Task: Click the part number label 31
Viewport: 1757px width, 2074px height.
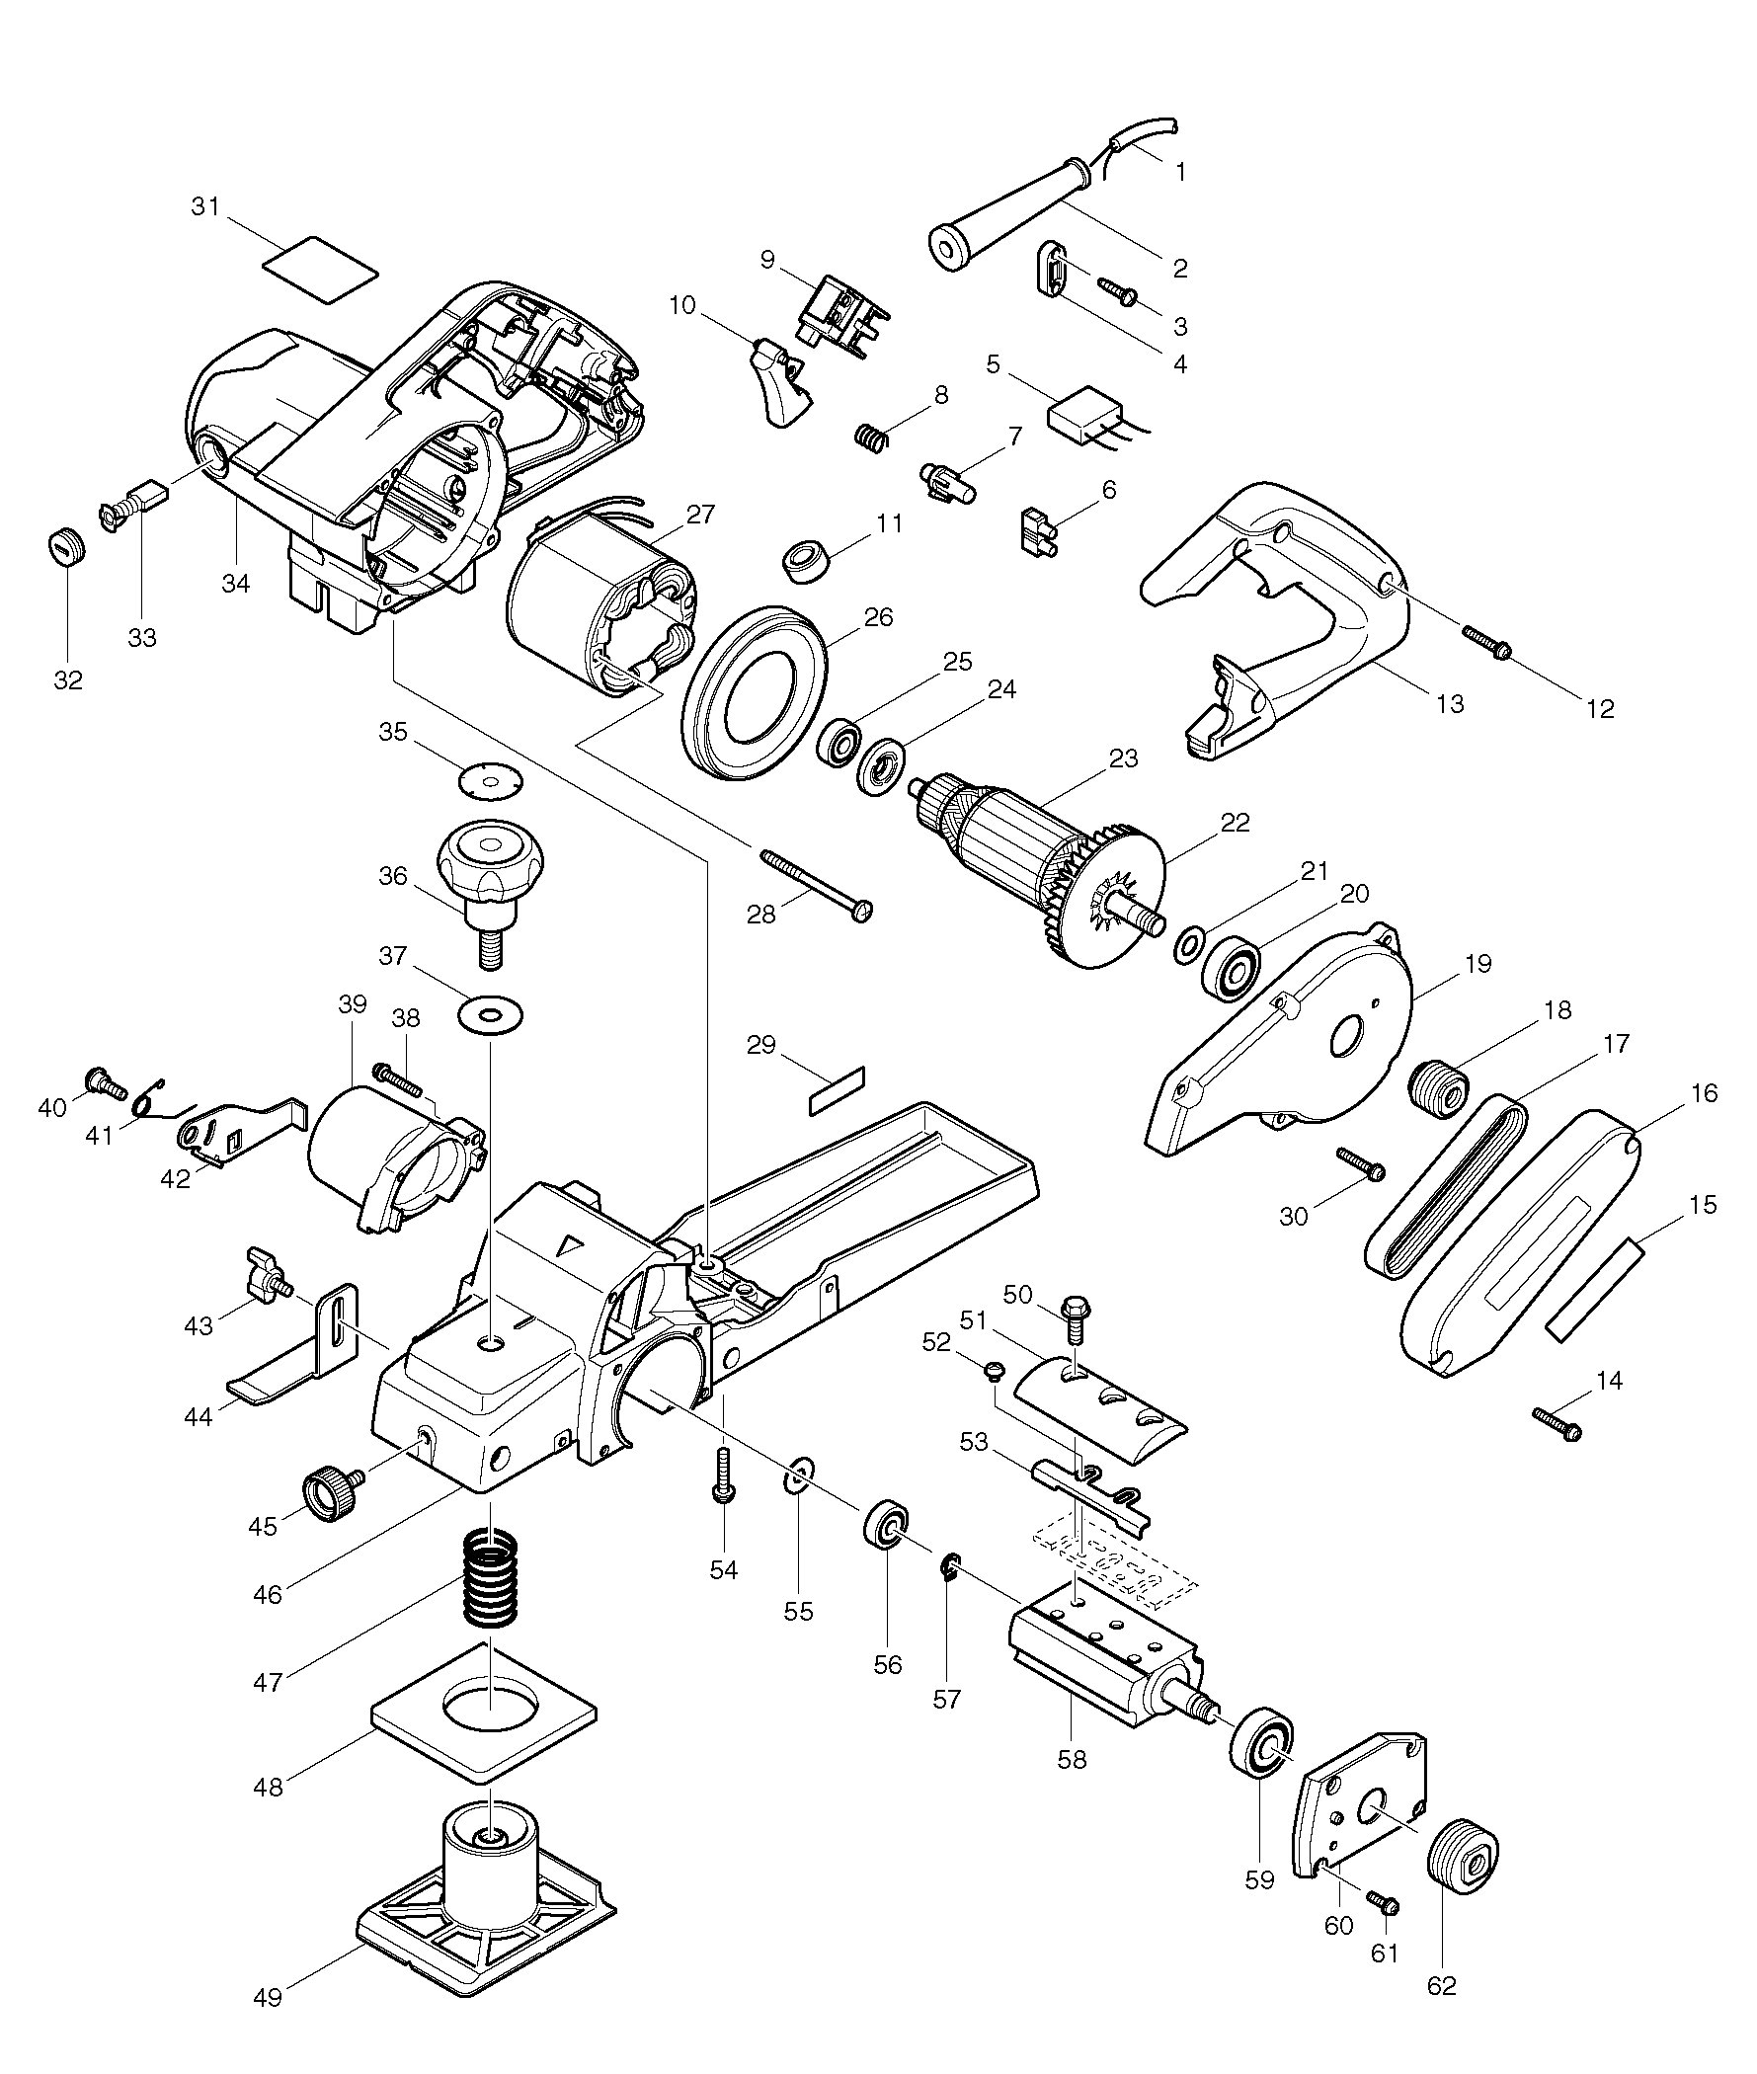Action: (x=204, y=207)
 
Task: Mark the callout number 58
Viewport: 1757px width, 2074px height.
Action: (x=1073, y=1760)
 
